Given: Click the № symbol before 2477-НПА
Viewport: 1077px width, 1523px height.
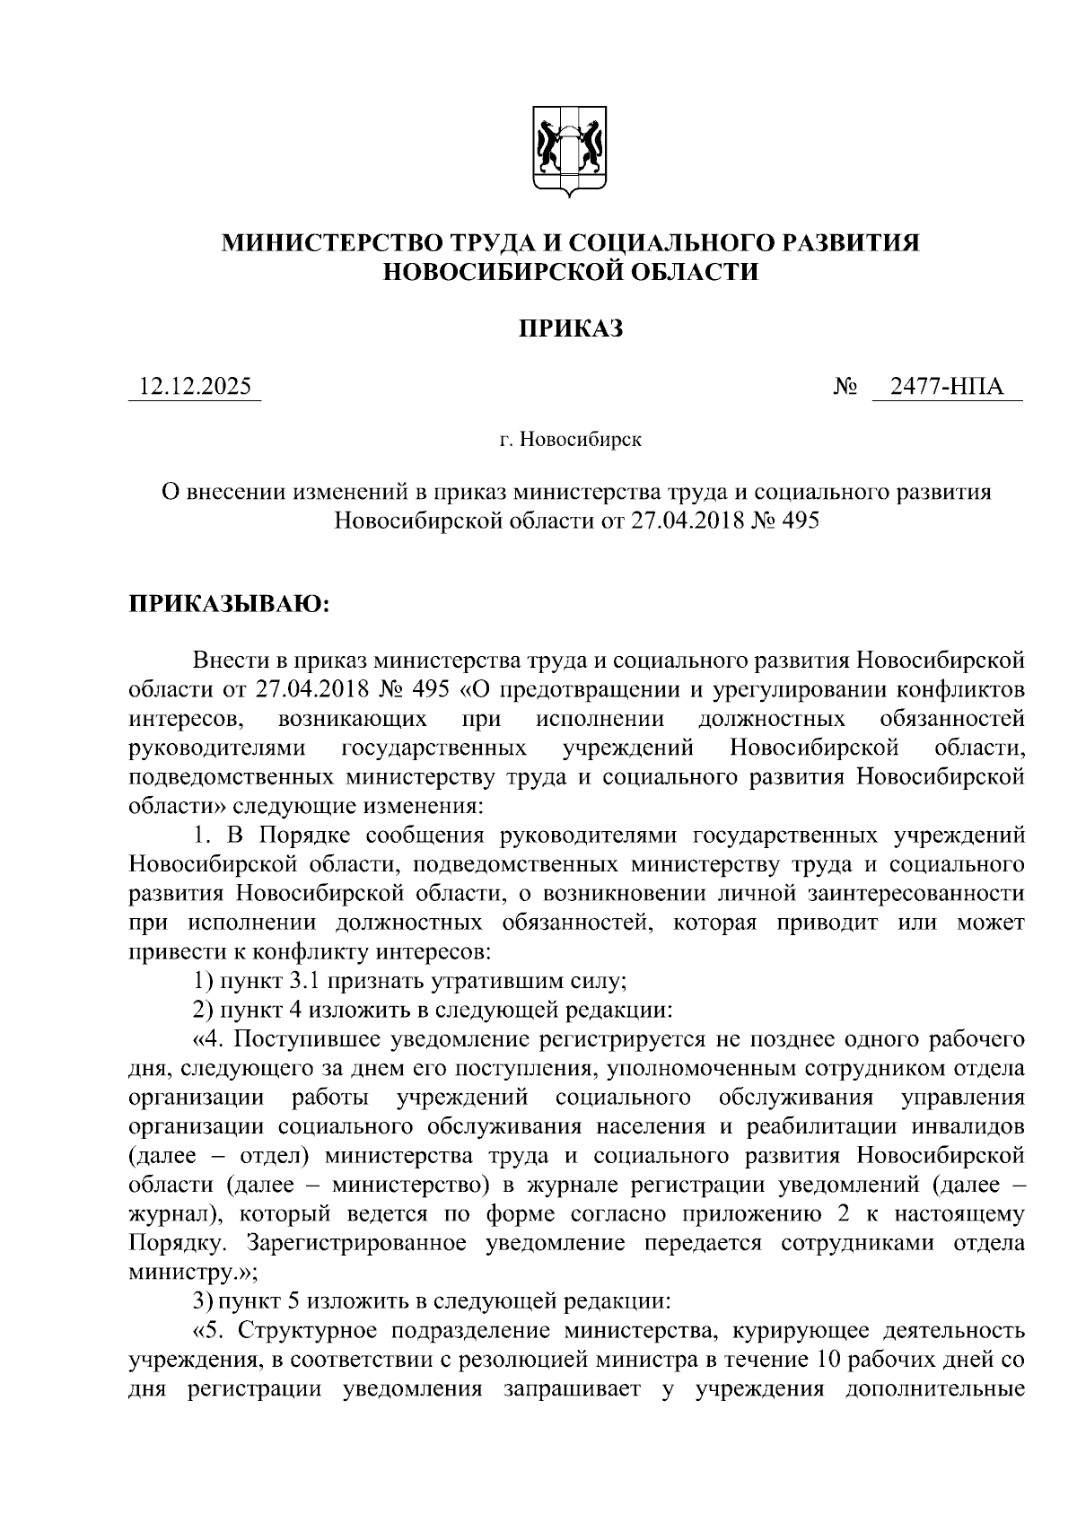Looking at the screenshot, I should click(847, 388).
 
